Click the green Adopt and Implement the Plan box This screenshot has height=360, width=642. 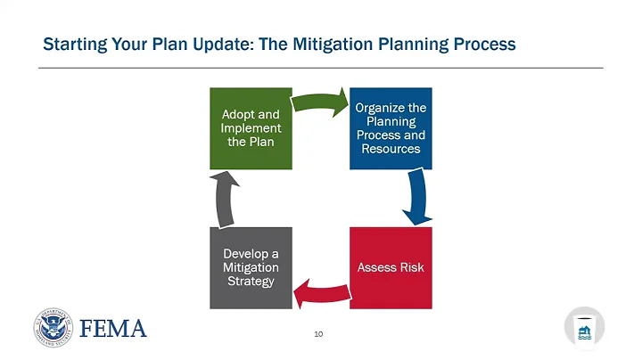tap(251, 128)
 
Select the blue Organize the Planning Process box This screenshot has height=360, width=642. tap(391, 128)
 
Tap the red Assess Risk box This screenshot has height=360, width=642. tap(391, 267)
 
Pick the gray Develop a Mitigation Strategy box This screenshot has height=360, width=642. tap(251, 267)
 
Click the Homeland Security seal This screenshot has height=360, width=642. tap(53, 327)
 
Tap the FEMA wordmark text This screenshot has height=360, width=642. tap(113, 328)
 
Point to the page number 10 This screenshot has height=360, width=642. tap(318, 335)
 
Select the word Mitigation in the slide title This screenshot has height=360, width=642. tap(341, 44)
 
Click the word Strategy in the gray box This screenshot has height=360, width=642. tap(251, 282)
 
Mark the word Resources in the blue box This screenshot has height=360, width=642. tap(391, 148)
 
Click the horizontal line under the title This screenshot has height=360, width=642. tap(321, 68)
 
